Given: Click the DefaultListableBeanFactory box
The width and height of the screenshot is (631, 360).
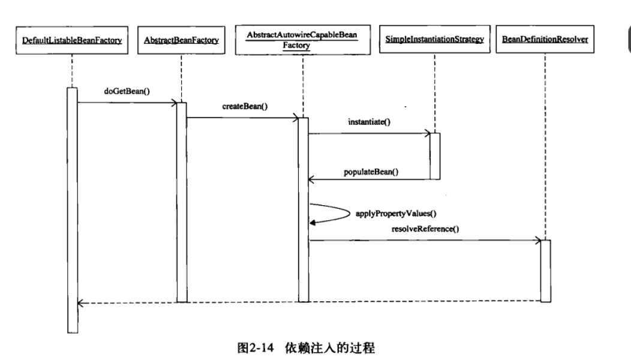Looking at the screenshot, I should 72,41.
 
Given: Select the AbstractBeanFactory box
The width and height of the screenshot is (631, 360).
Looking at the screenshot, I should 181,41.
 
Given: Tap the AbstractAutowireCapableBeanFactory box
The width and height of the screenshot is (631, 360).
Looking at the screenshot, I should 302,41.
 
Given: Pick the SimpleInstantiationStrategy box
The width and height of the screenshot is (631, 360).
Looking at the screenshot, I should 435,41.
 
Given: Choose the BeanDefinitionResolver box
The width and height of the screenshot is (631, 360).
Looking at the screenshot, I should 545,41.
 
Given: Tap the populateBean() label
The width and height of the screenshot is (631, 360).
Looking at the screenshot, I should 371,172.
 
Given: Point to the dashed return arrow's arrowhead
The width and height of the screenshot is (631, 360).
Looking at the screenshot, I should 80,303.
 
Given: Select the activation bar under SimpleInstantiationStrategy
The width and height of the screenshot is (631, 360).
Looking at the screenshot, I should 435,156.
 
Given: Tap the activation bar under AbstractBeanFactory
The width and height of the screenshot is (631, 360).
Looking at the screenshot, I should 181,202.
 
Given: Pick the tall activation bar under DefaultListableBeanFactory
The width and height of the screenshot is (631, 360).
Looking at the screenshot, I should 72,210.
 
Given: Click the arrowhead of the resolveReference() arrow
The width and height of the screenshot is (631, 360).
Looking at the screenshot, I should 538,241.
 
